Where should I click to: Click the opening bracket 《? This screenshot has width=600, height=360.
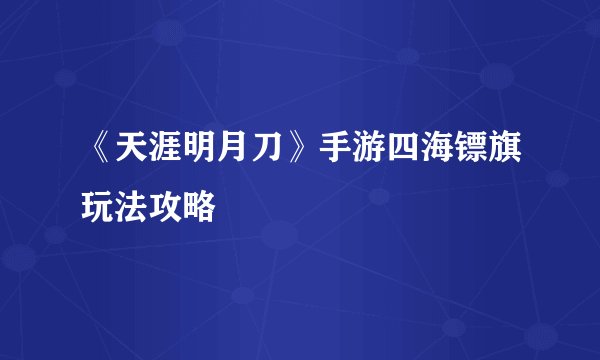(98, 159)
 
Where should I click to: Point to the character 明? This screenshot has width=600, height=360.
(197, 159)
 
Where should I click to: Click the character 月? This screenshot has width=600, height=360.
(231, 159)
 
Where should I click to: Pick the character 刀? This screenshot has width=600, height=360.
(264, 159)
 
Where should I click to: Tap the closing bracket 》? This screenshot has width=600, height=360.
(297, 159)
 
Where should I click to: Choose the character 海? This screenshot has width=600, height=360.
(437, 159)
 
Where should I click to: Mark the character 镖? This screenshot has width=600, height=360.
(471, 159)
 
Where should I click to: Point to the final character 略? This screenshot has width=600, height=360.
(198, 205)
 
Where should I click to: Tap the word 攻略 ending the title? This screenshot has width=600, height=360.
(181, 205)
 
